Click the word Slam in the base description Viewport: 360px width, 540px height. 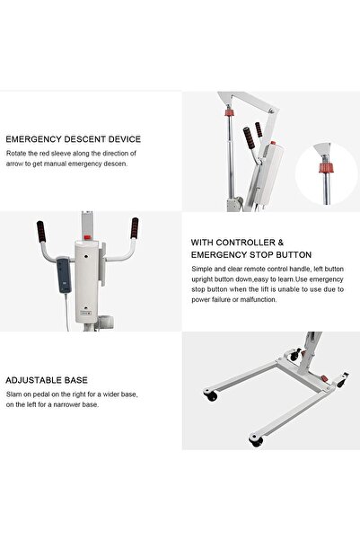pyautogui.click(x=14, y=394)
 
